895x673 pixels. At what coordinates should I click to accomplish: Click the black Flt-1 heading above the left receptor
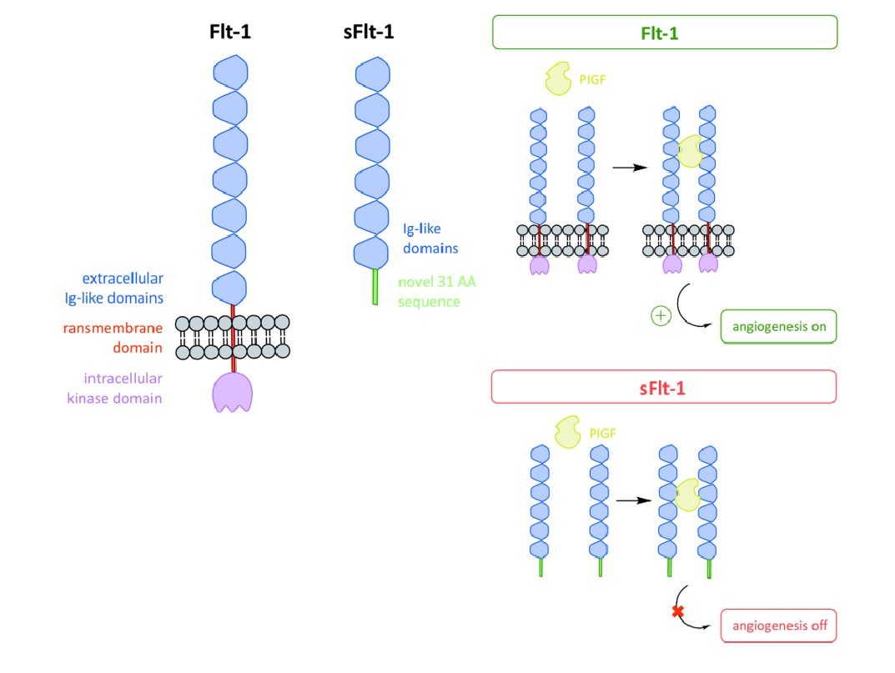point(230,33)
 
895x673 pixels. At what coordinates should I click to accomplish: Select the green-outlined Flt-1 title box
point(665,33)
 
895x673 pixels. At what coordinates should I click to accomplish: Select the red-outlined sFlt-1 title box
point(664,387)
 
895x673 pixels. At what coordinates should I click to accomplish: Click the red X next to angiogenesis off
point(678,613)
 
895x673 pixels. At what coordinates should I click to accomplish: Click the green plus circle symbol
point(660,317)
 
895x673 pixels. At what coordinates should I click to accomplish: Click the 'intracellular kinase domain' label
point(113,389)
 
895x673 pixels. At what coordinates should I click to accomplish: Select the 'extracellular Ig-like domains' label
point(113,288)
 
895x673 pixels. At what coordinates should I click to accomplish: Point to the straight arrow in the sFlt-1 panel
point(633,500)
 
